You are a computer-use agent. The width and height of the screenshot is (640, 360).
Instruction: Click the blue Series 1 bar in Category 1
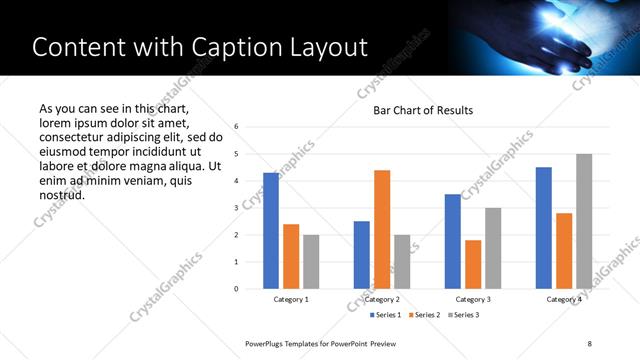click(x=271, y=231)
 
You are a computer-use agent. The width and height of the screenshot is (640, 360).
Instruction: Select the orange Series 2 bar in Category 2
click(x=382, y=229)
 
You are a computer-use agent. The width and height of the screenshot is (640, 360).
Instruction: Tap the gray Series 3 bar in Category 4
click(x=584, y=221)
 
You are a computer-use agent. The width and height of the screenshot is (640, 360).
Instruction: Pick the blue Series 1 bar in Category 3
click(x=453, y=241)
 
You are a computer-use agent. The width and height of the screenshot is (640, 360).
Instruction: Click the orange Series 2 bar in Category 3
click(x=473, y=264)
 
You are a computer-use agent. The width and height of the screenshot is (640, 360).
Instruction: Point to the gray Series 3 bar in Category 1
click(x=311, y=261)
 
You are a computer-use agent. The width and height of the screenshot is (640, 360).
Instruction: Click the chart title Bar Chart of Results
click(x=423, y=110)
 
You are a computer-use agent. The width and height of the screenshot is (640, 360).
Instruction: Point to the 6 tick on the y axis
click(x=236, y=127)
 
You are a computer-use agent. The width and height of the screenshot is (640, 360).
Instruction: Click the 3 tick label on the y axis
click(x=236, y=208)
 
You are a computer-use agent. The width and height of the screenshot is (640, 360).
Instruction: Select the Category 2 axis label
click(x=382, y=299)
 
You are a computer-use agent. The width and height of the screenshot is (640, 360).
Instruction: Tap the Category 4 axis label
click(x=564, y=299)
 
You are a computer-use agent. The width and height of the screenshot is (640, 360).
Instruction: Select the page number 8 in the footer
click(x=590, y=343)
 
